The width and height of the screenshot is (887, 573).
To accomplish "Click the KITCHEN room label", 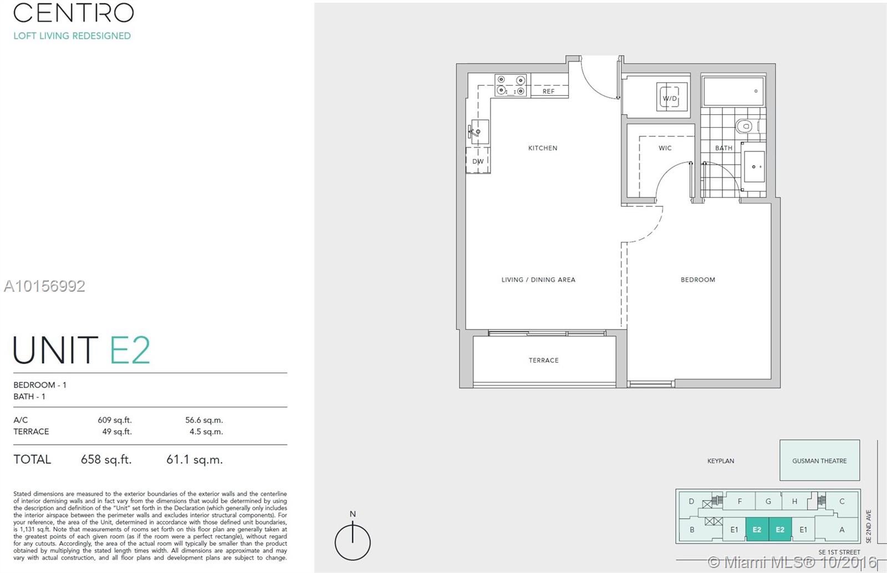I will click(x=543, y=148).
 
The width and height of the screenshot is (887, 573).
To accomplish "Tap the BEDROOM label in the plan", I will click(x=697, y=280).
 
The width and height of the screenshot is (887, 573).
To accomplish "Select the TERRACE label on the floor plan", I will click(x=543, y=361).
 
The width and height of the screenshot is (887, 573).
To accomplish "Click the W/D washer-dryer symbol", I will click(x=671, y=98).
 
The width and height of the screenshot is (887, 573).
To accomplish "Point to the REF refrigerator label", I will click(x=548, y=92).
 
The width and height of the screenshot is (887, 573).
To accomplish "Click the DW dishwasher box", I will click(x=478, y=161).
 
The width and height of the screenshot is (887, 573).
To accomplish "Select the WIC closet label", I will click(x=665, y=148).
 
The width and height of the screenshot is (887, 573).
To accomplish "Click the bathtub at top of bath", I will click(x=733, y=92).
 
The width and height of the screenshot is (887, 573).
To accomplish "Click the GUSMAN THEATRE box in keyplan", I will click(x=819, y=460).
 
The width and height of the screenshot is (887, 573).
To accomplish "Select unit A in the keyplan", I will click(x=842, y=530).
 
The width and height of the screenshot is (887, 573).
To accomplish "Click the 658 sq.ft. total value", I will click(x=106, y=459).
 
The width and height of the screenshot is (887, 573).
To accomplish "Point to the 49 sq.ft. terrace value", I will click(x=116, y=432).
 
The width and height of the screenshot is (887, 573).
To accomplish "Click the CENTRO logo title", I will click(x=74, y=13).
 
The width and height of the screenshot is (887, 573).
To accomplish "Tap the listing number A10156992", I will click(x=44, y=286).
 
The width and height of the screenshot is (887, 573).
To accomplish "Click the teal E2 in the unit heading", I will click(x=130, y=350).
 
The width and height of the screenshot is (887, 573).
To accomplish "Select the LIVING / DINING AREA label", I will click(x=538, y=280).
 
